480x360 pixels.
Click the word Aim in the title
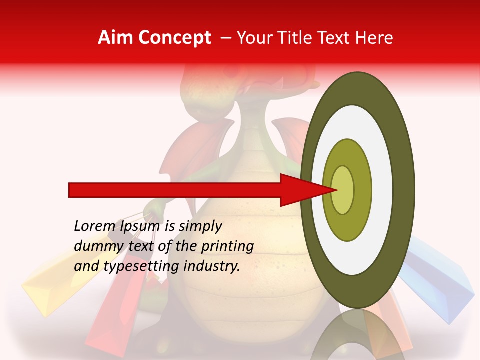[x=116, y=38]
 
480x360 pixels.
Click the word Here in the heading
[x=374, y=38]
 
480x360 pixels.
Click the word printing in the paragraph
[x=227, y=247]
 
